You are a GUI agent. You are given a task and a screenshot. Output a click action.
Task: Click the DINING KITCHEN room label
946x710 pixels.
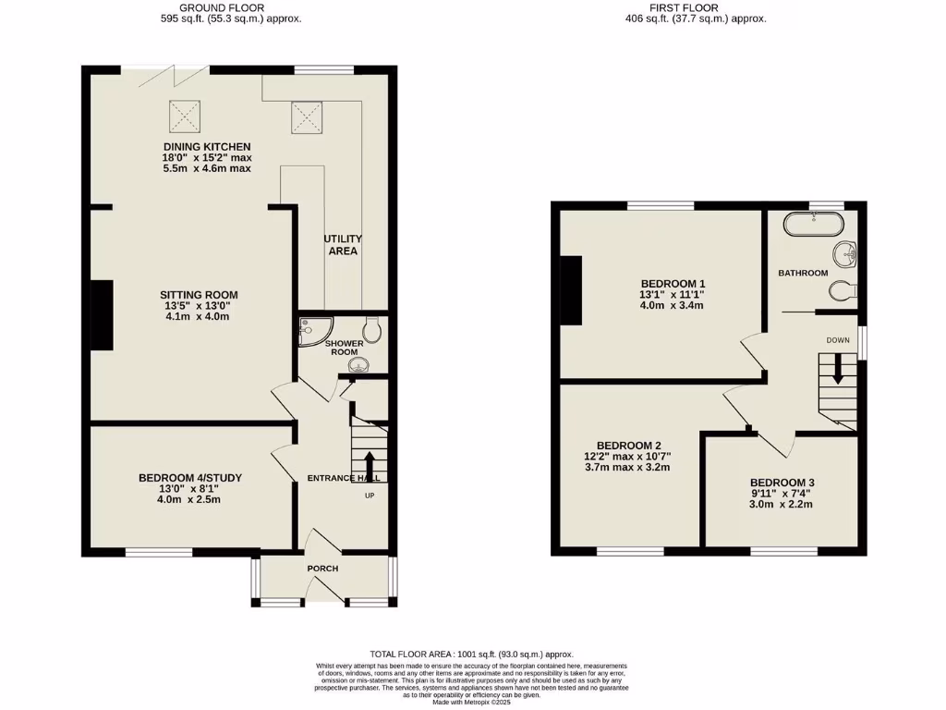click(207, 147)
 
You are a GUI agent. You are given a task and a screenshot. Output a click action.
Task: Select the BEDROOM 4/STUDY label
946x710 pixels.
click(190, 478)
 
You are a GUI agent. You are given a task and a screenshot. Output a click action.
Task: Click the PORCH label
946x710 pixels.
click(322, 568)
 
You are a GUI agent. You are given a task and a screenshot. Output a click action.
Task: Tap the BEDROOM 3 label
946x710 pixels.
click(782, 483)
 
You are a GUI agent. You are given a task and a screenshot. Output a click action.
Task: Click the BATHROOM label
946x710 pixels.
click(802, 274)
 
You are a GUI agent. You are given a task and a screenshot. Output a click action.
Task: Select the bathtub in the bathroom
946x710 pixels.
click(813, 225)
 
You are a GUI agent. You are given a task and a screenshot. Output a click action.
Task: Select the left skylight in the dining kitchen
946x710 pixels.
click(183, 115)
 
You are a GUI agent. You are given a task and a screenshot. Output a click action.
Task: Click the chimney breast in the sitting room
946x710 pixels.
click(102, 315)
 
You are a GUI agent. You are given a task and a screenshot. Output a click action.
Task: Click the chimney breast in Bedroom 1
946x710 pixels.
click(573, 290)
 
